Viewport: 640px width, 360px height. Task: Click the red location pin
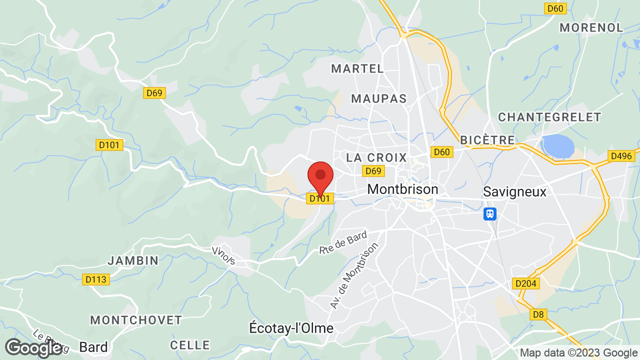pyautogui.click(x=320, y=176)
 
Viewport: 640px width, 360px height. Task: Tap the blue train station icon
pyautogui.click(x=490, y=214)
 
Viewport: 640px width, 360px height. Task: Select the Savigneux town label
pyautogui.click(x=514, y=191)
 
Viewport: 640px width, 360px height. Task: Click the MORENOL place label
pyautogui.click(x=591, y=27)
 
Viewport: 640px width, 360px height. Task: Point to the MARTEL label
pyautogui.click(x=357, y=68)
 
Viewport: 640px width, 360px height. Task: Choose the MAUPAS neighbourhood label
pyautogui.click(x=379, y=98)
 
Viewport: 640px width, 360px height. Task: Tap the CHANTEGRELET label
pyautogui.click(x=549, y=117)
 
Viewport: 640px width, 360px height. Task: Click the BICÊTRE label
pyautogui.click(x=487, y=139)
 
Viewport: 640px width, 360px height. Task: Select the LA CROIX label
pyautogui.click(x=376, y=157)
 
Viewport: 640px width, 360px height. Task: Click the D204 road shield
pyautogui.click(x=525, y=284)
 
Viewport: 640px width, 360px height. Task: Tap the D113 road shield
pyautogui.click(x=95, y=279)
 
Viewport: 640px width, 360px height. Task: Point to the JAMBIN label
pyautogui.click(x=133, y=260)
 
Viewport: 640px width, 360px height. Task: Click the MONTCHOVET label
pyautogui.click(x=136, y=320)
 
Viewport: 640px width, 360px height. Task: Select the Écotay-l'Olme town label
pyautogui.click(x=291, y=328)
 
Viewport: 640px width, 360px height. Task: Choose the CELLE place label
pyautogui.click(x=190, y=345)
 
